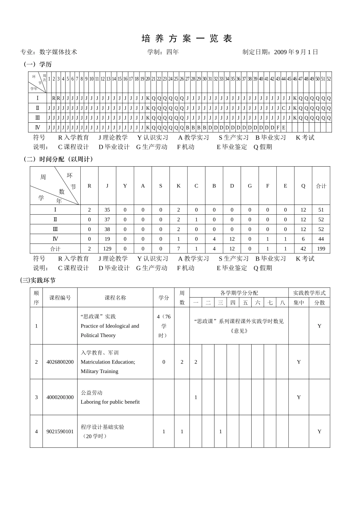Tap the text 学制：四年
click(x=163, y=52)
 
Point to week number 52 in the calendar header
click(x=329, y=79)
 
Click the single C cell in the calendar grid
click(x=283, y=108)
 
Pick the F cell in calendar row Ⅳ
click(x=278, y=128)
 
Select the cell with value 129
click(x=107, y=249)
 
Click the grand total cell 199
click(x=321, y=249)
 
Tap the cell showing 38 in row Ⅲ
click(x=107, y=229)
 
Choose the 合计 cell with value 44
click(x=321, y=239)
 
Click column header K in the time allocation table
click(x=178, y=186)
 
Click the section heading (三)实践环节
click(x=38, y=280)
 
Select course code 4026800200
click(x=60, y=362)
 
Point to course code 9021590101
click(x=60, y=432)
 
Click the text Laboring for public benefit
click(x=110, y=402)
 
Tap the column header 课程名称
click(x=115, y=298)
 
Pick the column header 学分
click(x=164, y=298)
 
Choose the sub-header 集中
click(x=299, y=303)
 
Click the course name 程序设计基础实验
click(x=102, y=427)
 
